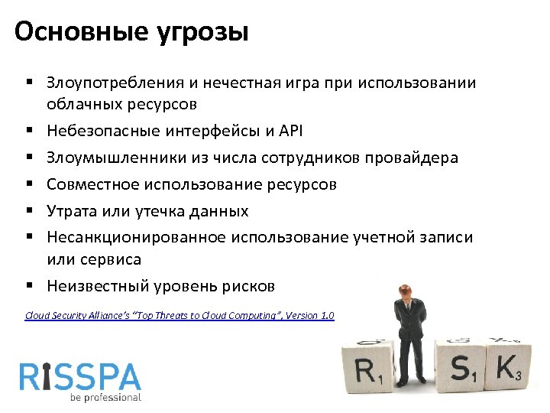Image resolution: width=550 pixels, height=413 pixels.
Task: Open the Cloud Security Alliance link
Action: click(180, 315)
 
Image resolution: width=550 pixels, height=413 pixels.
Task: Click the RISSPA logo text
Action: click(80, 377)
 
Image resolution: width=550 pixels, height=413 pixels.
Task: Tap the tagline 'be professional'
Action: click(105, 398)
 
